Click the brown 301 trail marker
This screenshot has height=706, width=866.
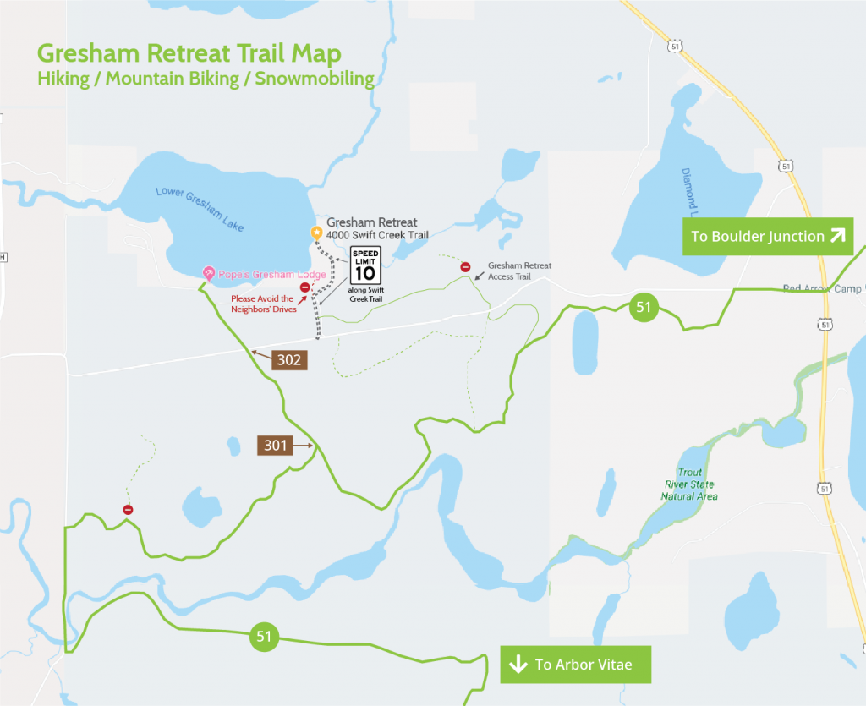[276, 445]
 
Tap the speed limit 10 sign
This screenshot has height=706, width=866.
[366, 265]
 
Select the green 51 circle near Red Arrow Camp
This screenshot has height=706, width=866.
[644, 307]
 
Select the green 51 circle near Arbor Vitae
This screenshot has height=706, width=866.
[264, 636]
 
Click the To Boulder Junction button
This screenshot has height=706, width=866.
[768, 236]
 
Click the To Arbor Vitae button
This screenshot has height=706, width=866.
[575, 665]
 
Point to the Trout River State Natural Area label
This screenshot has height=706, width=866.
[689, 484]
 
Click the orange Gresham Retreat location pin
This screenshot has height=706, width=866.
[316, 233]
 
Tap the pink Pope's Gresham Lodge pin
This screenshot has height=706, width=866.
[208, 272]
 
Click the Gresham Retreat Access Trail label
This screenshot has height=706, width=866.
[519, 271]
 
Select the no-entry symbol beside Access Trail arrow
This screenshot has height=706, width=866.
[465, 267]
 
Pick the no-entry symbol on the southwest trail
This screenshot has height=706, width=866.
[128, 510]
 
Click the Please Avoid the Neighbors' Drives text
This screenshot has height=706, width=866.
[262, 304]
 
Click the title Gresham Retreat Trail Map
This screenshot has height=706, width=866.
[189, 53]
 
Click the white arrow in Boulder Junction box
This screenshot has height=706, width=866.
[836, 236]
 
